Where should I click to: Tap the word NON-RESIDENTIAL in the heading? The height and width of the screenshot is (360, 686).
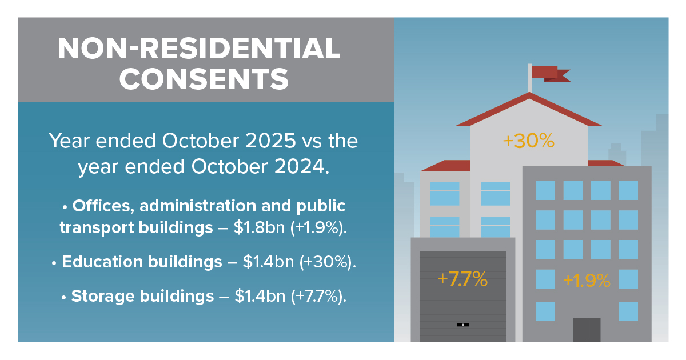coord(199,49)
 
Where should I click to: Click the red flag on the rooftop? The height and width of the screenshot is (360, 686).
coord(548,73)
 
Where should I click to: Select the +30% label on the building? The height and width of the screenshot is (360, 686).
coord(528,141)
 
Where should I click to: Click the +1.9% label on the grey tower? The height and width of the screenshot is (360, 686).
coord(587,281)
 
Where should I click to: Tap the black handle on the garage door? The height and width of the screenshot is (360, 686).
coord(463,325)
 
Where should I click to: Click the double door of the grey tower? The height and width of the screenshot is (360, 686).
coord(587,330)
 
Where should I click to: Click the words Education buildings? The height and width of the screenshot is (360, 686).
coord(142,262)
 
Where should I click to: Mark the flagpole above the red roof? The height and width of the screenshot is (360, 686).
coord(529,79)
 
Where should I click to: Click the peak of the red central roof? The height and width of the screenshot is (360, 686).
coord(529,94)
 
